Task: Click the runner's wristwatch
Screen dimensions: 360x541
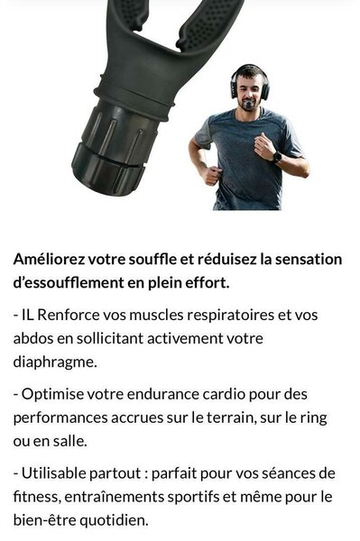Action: point(277,157)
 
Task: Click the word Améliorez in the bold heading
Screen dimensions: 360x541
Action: point(49,259)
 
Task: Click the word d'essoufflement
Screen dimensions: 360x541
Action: point(69,283)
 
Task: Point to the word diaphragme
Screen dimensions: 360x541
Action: point(55,362)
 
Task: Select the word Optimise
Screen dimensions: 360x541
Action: point(53,394)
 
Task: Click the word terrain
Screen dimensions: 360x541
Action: point(235,417)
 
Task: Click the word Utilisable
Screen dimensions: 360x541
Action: point(54,473)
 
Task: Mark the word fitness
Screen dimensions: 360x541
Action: point(37,497)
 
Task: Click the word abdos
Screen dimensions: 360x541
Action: point(33,338)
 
